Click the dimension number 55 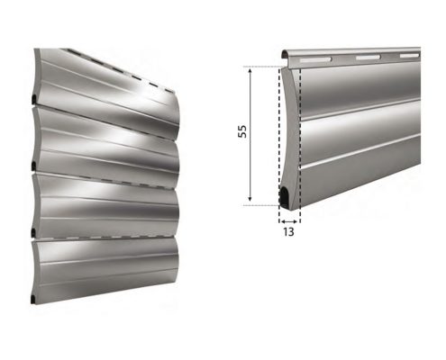point(242,131)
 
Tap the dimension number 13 point(288,232)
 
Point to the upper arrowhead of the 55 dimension point(250,71)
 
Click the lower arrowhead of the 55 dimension point(250,198)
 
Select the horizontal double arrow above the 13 point(289,221)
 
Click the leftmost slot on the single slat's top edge point(315,59)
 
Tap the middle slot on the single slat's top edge point(368,57)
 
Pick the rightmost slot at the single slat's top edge point(410,56)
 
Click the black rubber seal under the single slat point(284,197)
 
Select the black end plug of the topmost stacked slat point(34,99)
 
